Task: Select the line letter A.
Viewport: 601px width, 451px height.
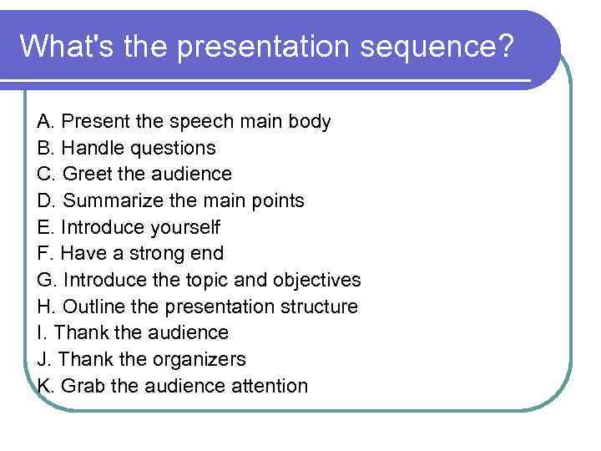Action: [x=45, y=122]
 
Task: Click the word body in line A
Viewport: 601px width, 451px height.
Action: [x=309, y=122]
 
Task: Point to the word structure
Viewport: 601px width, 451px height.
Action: [x=319, y=307]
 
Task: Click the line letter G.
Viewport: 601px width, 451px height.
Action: [x=47, y=280]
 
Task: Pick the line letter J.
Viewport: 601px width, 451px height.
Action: [x=43, y=359]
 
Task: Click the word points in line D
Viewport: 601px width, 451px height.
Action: [x=277, y=201]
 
